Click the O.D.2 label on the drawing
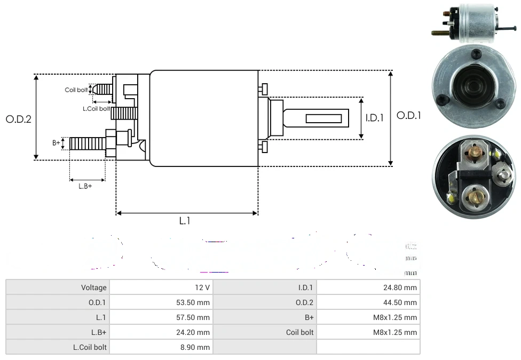pyautogui.click(x=18, y=119)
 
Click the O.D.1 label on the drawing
pyautogui.click(x=409, y=115)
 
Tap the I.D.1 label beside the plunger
pyautogui.click(x=374, y=118)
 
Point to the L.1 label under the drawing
pyautogui.click(x=185, y=221)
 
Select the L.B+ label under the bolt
pyautogui.click(x=85, y=186)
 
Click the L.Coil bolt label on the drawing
pyautogui.click(x=96, y=109)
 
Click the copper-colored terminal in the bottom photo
pyautogui.click(x=475, y=153)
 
